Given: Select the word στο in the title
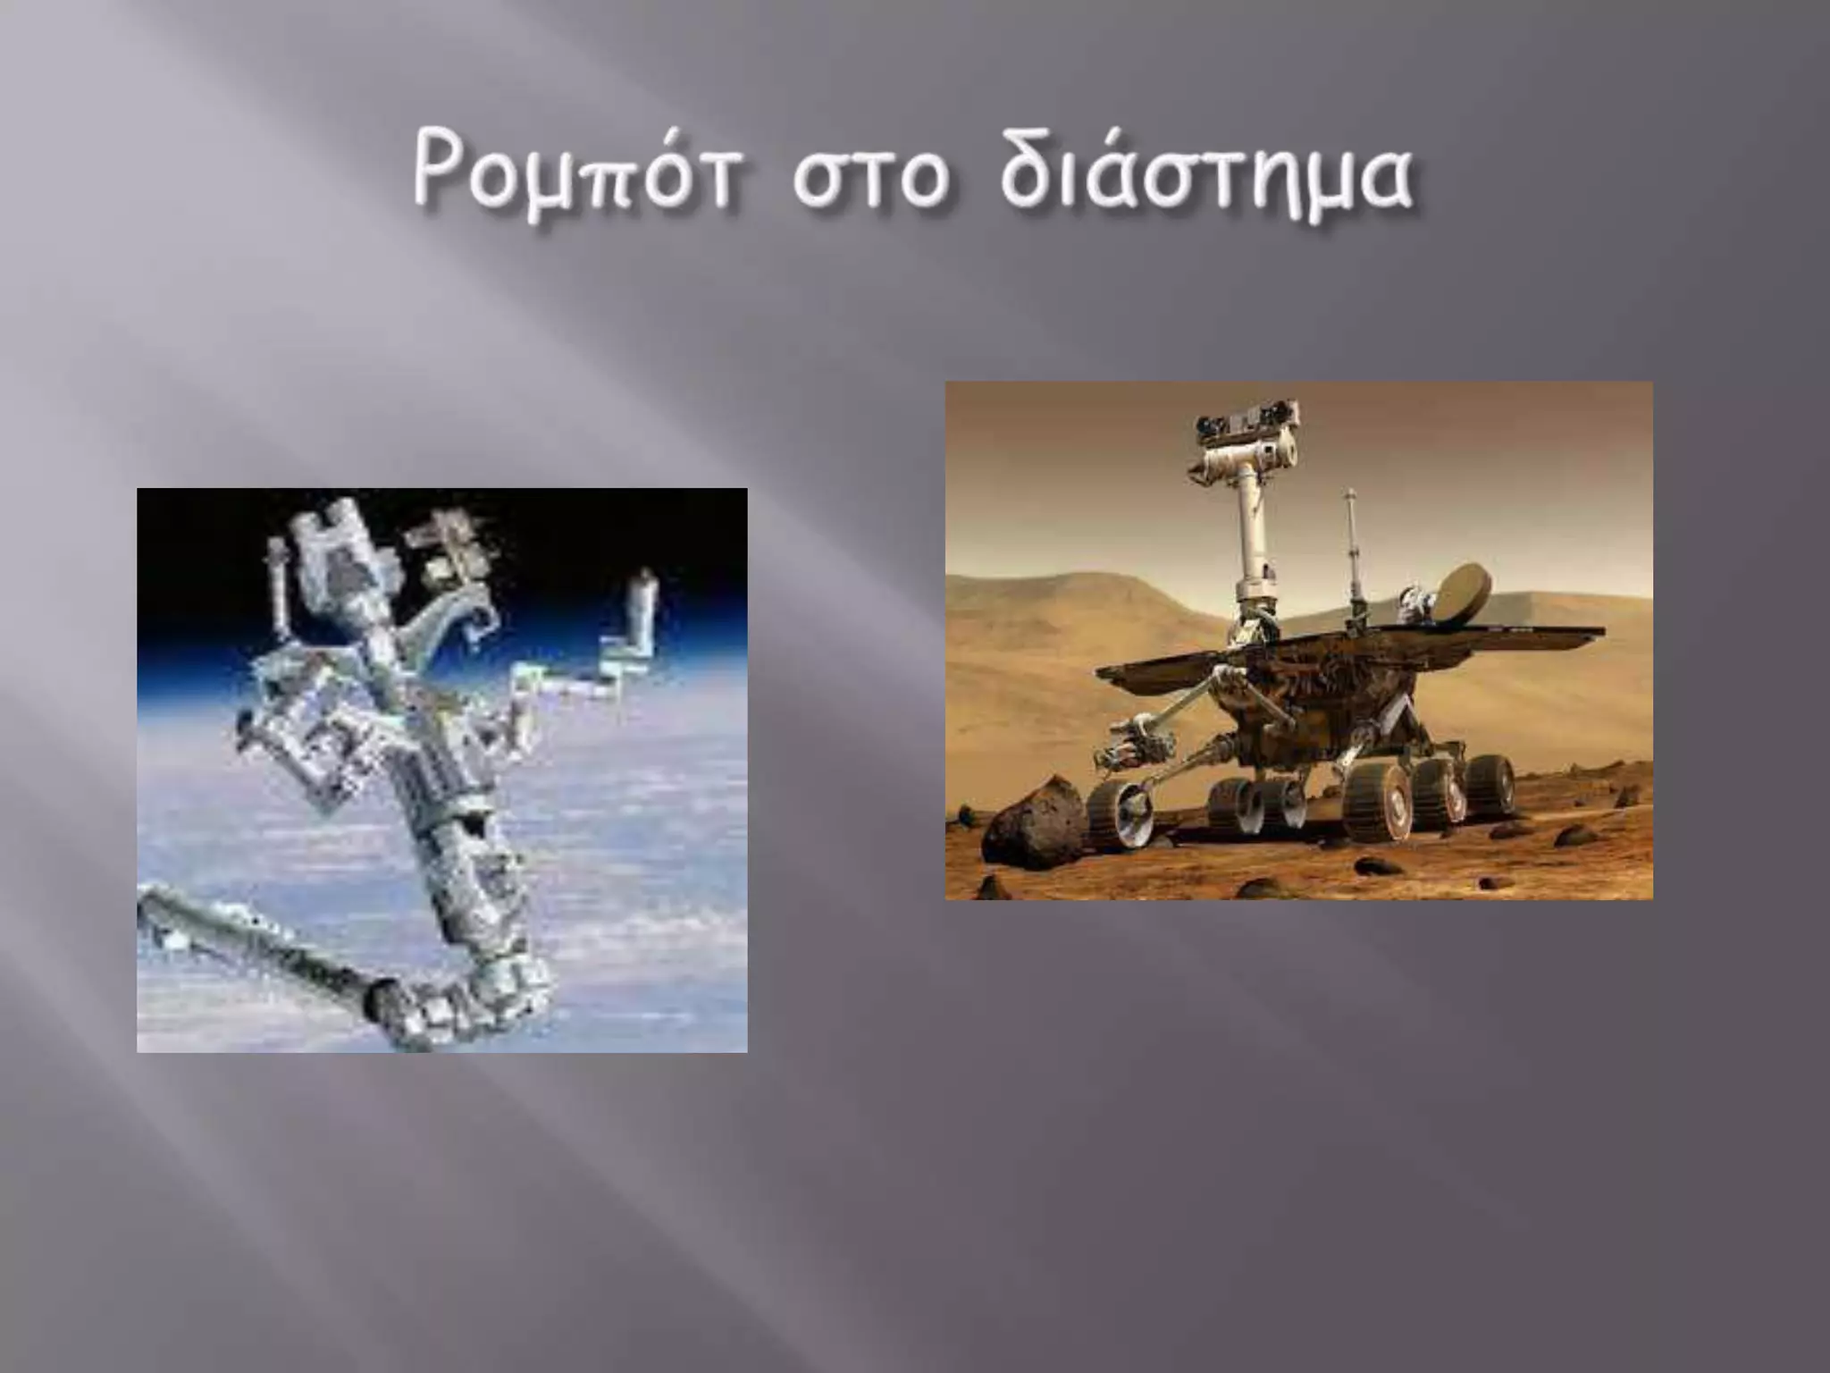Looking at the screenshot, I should (869, 179).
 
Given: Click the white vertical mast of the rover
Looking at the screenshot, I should (1250, 536).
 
